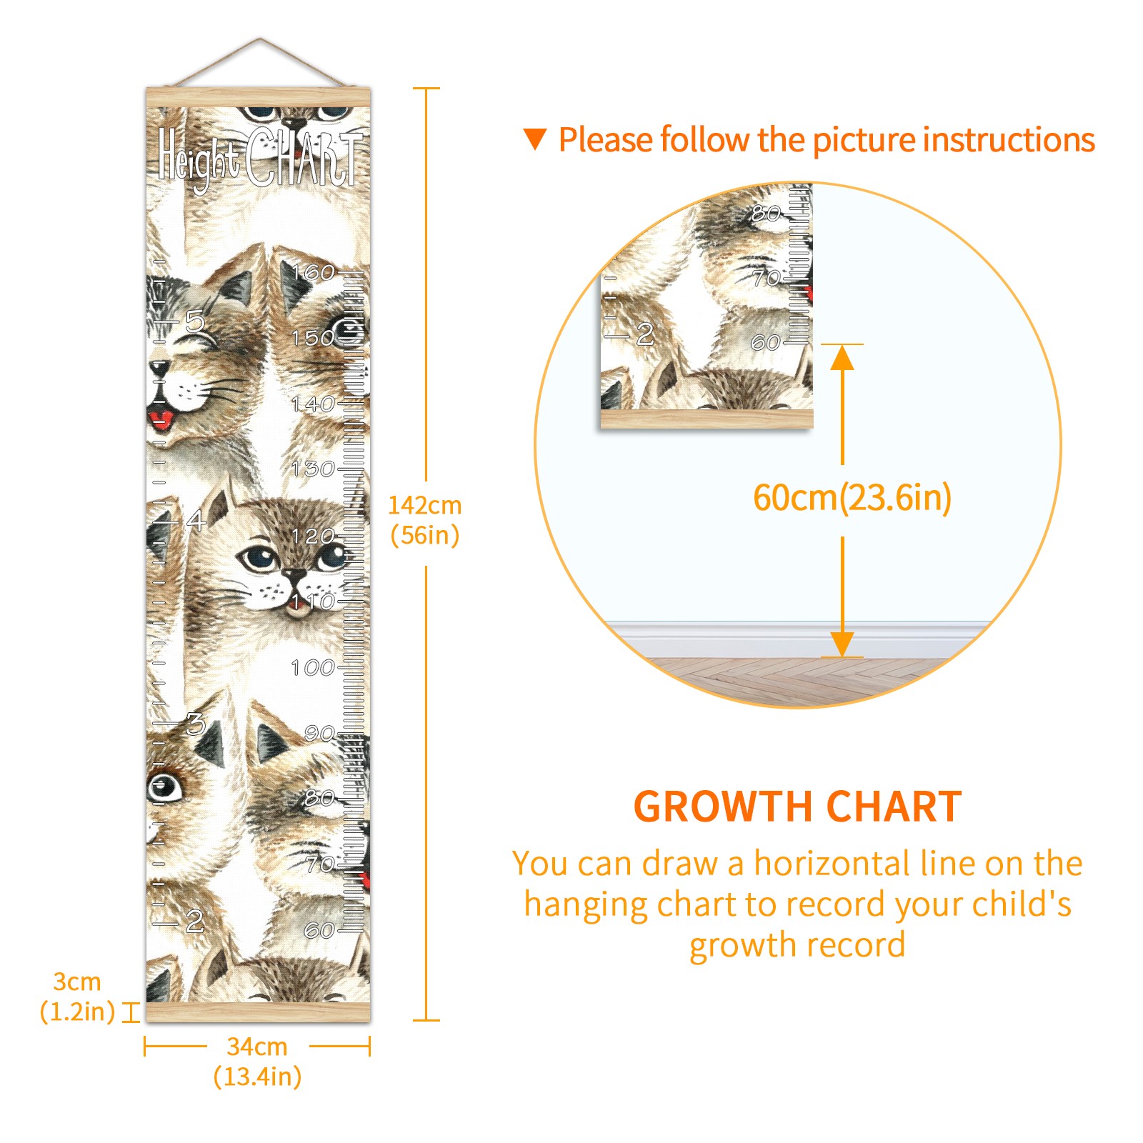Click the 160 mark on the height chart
[x=313, y=272]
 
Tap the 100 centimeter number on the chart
[x=313, y=668]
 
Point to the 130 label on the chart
[x=313, y=469]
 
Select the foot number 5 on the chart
[x=195, y=321]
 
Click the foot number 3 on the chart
[x=195, y=724]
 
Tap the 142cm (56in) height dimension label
[x=425, y=520]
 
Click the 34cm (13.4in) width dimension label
[x=257, y=1062]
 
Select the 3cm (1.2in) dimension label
[x=77, y=997]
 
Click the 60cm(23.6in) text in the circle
[x=852, y=498]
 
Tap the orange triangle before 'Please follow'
[x=535, y=139]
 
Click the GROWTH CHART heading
[x=798, y=807]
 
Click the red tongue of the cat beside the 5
[x=161, y=417]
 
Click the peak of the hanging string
[x=260, y=39]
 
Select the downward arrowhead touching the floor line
[x=843, y=644]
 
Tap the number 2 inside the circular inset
[x=645, y=334]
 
